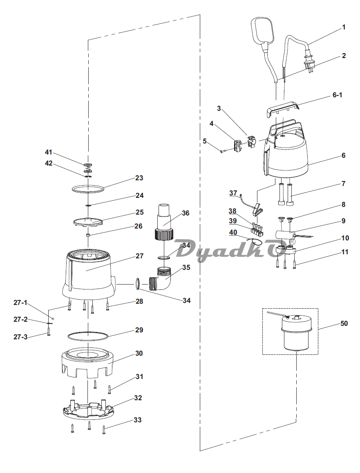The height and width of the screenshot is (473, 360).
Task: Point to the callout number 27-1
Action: pyautogui.click(x=20, y=302)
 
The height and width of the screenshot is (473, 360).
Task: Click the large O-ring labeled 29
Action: pyautogui.click(x=87, y=336)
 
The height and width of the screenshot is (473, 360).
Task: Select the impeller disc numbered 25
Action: pyautogui.click(x=88, y=221)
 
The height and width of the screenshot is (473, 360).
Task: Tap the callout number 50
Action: pyautogui.click(x=344, y=323)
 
